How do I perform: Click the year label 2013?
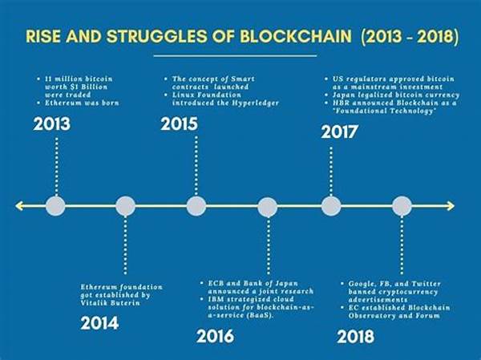[x=52, y=124]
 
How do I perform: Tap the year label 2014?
[x=99, y=323]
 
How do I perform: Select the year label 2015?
[x=179, y=124]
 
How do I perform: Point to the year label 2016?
[x=215, y=336]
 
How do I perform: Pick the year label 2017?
[x=339, y=132]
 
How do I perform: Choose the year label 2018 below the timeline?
[x=355, y=337]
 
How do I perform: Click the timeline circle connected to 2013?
[x=55, y=206]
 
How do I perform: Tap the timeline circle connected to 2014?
[x=126, y=206]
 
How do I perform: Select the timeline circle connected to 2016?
[x=268, y=207]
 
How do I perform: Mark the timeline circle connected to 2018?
[x=402, y=206]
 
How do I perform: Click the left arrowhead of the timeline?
[x=19, y=206]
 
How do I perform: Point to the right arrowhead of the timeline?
[x=451, y=206]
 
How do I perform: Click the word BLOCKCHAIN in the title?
[x=296, y=36]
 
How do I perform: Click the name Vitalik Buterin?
[x=111, y=303]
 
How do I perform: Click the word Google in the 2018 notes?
[x=360, y=284]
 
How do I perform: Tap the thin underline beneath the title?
[x=235, y=56]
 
